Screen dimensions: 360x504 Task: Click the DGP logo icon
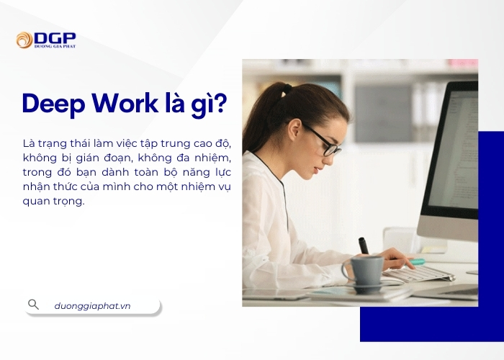(x=24, y=40)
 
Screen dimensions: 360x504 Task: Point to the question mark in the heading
(x=220, y=104)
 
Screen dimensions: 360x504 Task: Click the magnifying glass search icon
(x=33, y=305)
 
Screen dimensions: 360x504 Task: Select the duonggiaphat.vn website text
(x=92, y=305)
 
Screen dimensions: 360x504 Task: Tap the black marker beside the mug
(x=364, y=246)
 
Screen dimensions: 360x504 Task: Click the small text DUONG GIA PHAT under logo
(x=55, y=46)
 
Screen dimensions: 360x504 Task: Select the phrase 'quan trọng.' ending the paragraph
(x=53, y=201)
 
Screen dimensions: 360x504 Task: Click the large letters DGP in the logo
(x=55, y=37)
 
